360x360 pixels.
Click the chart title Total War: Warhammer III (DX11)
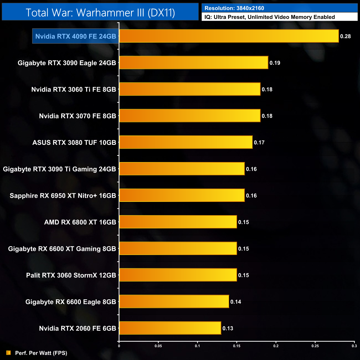coord(100,13)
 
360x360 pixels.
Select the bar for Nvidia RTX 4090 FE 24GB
coord(229,36)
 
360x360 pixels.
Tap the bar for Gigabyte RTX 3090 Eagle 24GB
coord(194,63)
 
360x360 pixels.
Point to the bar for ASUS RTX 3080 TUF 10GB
coord(186,142)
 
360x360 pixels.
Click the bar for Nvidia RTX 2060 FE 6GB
coord(170,328)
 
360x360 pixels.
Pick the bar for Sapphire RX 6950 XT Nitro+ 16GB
coord(182,196)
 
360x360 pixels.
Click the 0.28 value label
coord(345,36)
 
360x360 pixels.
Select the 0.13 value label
coord(228,328)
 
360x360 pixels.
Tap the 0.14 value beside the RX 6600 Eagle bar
coord(236,302)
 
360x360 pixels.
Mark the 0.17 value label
coord(259,143)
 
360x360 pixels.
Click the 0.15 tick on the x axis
coord(236,346)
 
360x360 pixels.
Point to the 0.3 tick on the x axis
coord(354,346)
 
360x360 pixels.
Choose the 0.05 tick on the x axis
coord(158,346)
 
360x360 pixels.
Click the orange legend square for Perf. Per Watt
coord(9,353)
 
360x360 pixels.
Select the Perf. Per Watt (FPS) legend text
coord(41,353)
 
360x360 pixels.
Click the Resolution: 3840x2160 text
coord(234,8)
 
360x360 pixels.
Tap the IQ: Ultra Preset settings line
coord(269,17)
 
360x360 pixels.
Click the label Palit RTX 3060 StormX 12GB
coord(71,275)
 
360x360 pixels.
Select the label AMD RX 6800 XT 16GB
coord(80,222)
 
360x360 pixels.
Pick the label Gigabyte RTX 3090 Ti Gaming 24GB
coord(59,169)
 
